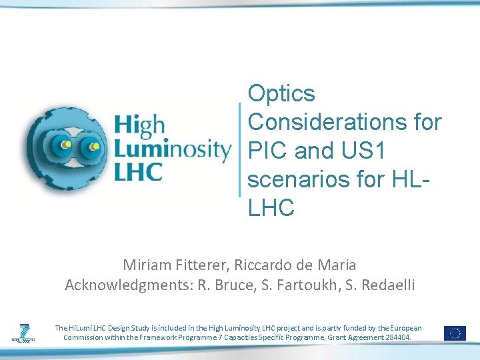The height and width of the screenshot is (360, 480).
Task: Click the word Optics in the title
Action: click(x=281, y=94)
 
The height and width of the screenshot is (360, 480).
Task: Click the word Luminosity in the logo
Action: click(x=173, y=148)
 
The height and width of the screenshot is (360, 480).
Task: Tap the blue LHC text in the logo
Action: click(x=139, y=171)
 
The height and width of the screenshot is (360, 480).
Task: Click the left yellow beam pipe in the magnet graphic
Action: click(x=65, y=144)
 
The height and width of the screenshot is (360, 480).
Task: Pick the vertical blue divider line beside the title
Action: click(x=239, y=149)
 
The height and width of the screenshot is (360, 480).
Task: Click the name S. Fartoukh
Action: click(x=301, y=285)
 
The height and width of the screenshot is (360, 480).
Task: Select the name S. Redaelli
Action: click(x=380, y=285)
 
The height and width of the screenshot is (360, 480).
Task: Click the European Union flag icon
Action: click(x=455, y=333)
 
